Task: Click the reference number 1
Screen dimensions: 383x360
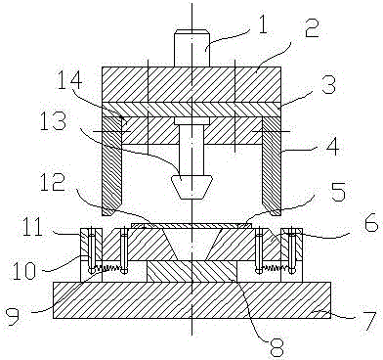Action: [x=261, y=24]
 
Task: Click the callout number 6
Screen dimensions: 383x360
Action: [x=369, y=224]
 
